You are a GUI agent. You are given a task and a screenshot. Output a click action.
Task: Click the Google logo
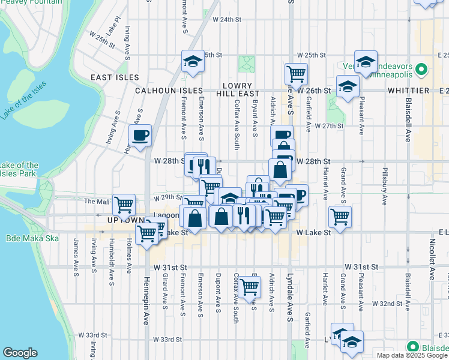pos(20,352)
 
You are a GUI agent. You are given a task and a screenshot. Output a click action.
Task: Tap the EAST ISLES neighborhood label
pos(115,77)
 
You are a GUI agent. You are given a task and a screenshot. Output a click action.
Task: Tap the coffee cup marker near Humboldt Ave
pos(140,135)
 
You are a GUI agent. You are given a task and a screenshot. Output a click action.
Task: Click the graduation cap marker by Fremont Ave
pos(192,62)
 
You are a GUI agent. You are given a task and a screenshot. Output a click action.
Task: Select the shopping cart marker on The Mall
pos(124,205)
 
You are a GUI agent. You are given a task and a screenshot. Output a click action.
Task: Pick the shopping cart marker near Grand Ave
pos(340,216)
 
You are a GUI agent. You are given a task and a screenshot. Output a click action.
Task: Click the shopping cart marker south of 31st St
pos(250,287)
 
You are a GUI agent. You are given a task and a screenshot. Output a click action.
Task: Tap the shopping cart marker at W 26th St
pos(295,74)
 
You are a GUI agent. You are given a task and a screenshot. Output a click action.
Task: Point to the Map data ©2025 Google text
pos(411,355)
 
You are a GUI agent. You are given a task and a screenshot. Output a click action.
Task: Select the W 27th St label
pos(329,126)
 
